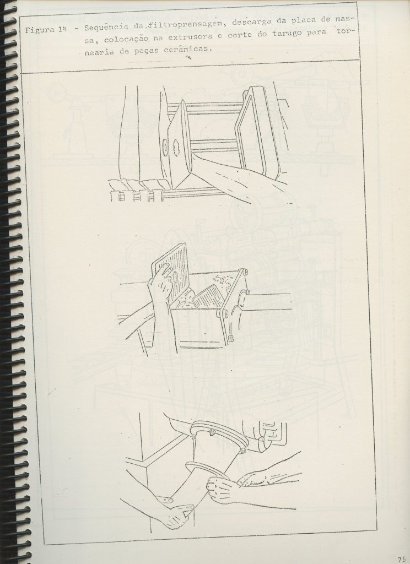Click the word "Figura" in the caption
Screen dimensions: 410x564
[40, 30]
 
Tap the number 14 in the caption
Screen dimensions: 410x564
[63, 30]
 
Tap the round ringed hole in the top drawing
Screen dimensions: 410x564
[166, 148]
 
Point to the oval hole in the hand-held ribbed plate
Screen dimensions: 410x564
[175, 278]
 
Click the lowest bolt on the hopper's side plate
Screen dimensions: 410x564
[230, 338]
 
